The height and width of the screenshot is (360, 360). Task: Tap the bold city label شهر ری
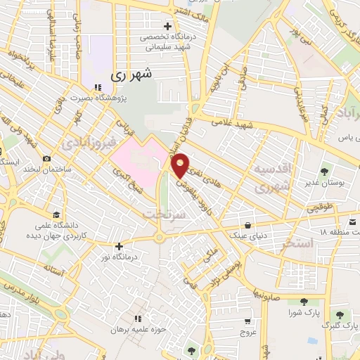click(x=131, y=73)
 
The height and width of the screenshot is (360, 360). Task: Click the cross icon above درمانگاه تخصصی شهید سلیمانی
click(x=167, y=27)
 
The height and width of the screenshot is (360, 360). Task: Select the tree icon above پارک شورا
click(x=295, y=301)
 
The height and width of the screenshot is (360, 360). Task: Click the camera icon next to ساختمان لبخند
click(x=47, y=160)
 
